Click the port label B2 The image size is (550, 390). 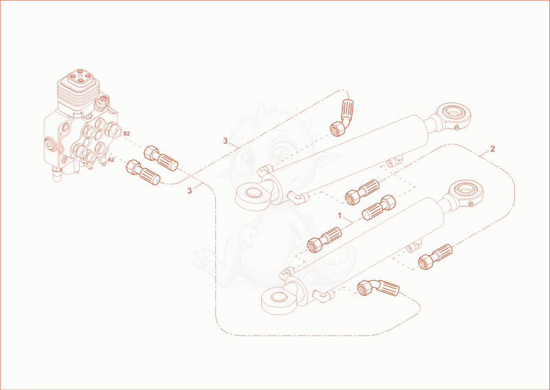tap(126, 133)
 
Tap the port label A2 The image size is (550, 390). tap(111, 160)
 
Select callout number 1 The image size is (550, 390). tap(340, 215)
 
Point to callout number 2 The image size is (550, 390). tap(492, 149)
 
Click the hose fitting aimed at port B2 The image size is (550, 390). tap(161, 158)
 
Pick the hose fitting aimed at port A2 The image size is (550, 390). tap(143, 173)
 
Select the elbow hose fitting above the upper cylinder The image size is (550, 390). tap(342, 117)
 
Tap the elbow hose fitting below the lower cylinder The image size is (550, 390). tap(377, 288)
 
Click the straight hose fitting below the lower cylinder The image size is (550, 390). tap(435, 257)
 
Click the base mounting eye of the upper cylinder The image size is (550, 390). tap(253, 194)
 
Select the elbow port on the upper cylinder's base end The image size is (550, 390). tap(297, 198)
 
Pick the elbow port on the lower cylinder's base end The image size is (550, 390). tap(323, 296)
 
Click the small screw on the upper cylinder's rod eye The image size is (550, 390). tap(456, 127)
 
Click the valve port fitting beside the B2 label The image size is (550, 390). tap(112, 129)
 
